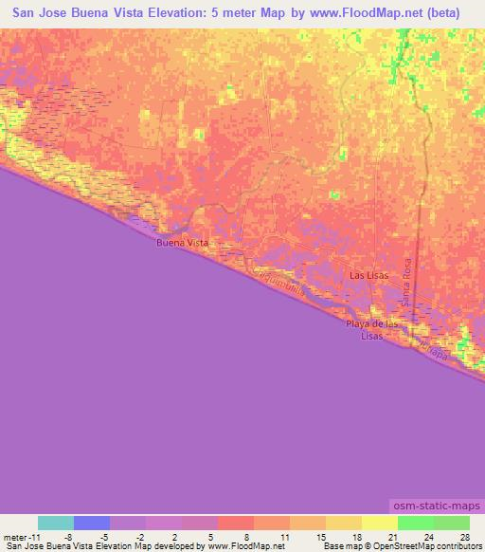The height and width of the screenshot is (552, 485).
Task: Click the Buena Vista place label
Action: click(182, 244)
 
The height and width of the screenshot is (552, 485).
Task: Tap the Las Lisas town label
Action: click(368, 276)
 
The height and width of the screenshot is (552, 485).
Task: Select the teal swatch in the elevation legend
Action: click(56, 523)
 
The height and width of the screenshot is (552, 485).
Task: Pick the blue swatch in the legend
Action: click(92, 523)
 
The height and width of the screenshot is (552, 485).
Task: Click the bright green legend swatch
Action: click(416, 523)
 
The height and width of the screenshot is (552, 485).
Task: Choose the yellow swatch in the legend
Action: click(380, 523)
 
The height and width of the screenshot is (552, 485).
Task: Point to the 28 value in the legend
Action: click(463, 537)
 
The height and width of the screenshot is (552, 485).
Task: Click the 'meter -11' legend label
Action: click(21, 537)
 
